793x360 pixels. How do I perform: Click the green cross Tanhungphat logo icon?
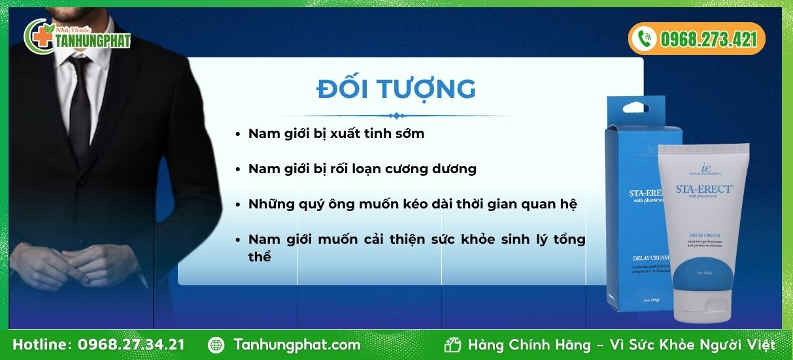coord(38,37)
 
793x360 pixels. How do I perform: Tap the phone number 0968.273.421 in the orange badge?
coord(708,39)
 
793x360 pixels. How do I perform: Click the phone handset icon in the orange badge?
coord(646,39)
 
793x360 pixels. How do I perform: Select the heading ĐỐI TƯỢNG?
coord(396,89)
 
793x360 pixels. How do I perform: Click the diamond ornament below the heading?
coord(395,116)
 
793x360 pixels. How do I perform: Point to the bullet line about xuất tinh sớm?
coord(336,133)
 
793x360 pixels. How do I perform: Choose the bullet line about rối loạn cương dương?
coord(362,169)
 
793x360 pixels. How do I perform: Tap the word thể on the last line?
coord(260,256)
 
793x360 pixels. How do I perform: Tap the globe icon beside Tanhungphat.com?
coord(216,344)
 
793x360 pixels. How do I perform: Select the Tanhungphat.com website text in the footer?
coord(297,344)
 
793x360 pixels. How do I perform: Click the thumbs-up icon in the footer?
coord(452,344)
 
